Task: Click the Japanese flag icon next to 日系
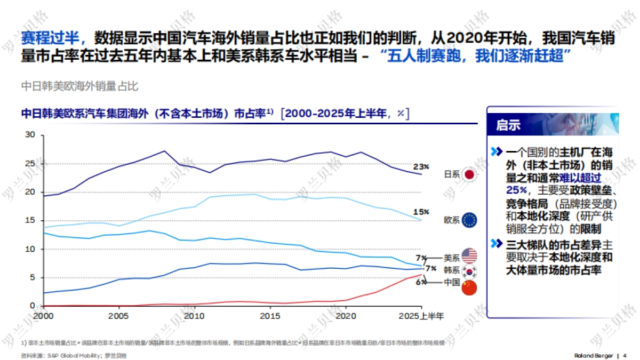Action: point(469,174)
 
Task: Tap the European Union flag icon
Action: point(469,220)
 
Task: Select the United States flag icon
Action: point(469,255)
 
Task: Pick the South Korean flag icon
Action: point(469,271)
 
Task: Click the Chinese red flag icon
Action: point(469,288)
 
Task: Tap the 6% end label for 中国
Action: point(421,282)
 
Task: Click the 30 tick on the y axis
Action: point(30,135)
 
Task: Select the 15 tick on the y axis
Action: point(30,220)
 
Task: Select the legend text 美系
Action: point(451,257)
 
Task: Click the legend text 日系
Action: point(451,174)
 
